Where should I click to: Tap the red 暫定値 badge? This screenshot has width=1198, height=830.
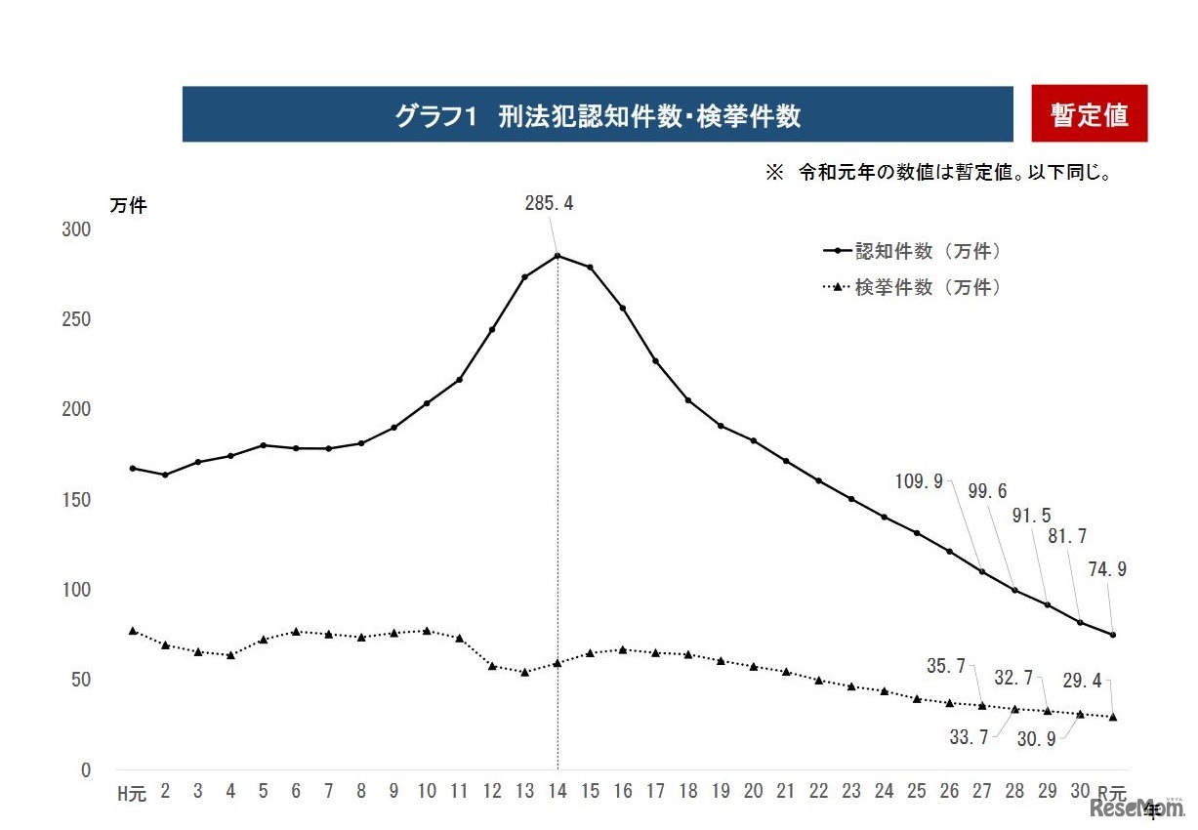(1089, 115)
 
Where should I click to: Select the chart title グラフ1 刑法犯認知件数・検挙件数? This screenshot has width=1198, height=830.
(597, 116)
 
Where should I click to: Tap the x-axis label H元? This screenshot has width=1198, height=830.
(132, 793)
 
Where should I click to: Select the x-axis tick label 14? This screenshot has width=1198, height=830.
(558, 792)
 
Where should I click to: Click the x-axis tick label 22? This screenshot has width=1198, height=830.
(818, 792)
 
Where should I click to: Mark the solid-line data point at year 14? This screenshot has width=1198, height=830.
(558, 256)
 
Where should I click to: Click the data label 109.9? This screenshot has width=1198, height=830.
(919, 480)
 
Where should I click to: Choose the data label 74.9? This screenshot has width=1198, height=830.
(1107, 570)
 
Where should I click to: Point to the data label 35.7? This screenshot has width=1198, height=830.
(946, 666)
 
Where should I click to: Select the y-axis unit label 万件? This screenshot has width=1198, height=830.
(128, 206)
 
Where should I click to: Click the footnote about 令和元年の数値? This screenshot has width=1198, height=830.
(939, 173)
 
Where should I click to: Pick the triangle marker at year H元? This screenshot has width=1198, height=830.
(133, 631)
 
